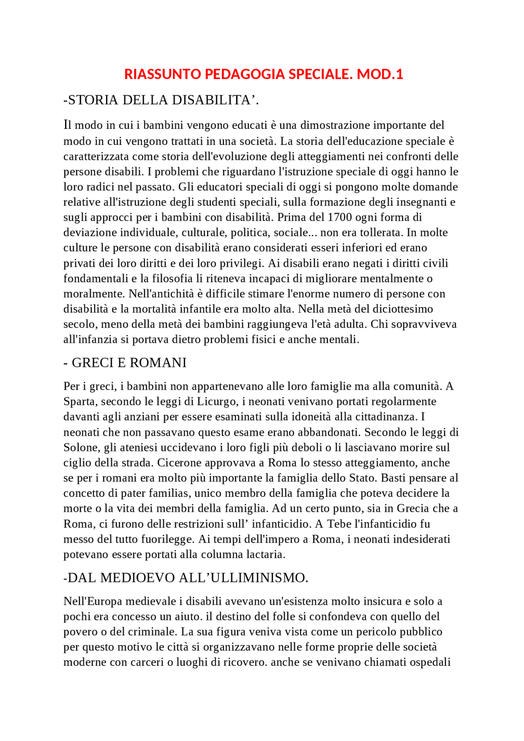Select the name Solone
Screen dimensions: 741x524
(x=80, y=448)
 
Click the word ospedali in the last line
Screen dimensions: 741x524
(x=431, y=662)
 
